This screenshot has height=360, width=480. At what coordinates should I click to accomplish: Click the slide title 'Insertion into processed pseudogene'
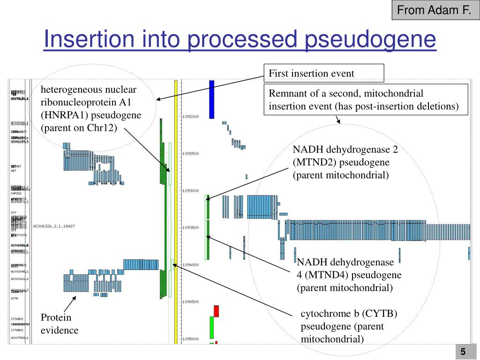point(240,40)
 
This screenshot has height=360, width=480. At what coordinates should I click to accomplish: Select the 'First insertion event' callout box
point(323,73)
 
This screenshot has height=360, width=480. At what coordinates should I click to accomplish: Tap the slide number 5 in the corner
point(463,352)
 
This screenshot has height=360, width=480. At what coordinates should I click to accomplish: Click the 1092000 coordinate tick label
point(191,117)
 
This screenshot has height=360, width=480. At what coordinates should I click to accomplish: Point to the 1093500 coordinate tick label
point(191,228)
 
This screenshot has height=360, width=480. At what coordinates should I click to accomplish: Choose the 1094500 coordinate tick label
point(191,302)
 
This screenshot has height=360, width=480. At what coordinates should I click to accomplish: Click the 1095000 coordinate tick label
point(191,339)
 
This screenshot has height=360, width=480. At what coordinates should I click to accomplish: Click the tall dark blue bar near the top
point(211,99)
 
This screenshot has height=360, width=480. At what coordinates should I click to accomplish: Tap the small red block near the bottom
point(216,311)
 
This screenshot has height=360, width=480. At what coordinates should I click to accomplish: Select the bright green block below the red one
point(211,328)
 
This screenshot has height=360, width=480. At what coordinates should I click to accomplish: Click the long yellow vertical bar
point(176,211)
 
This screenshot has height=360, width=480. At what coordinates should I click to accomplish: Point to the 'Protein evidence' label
point(59,324)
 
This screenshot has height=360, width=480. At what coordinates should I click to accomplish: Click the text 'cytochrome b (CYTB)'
point(349,314)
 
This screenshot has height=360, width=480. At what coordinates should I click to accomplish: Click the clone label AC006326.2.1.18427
point(54,226)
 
